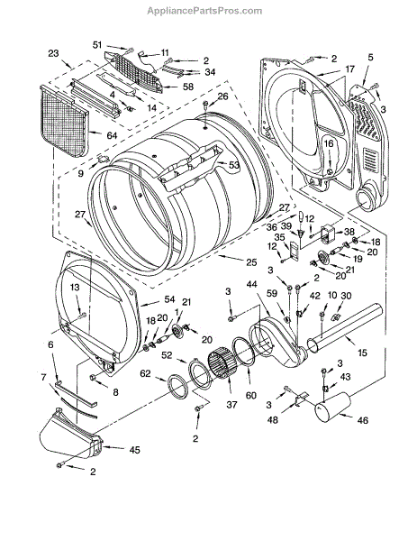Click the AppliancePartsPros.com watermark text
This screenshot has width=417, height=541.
click(204, 11)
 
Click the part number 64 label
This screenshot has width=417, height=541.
click(112, 135)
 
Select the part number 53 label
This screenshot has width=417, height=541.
click(233, 165)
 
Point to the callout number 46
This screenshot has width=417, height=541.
click(362, 420)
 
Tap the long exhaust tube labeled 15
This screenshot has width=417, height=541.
click(344, 328)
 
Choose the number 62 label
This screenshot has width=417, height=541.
click(145, 373)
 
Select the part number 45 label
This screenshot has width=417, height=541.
click(134, 450)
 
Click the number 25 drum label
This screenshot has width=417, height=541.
click(251, 262)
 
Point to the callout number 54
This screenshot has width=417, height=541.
click(169, 299)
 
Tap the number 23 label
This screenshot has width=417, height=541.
click(53, 53)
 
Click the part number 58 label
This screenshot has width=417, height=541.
click(188, 87)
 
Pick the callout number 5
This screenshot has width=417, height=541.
click(370, 58)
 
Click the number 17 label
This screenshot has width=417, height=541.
click(349, 69)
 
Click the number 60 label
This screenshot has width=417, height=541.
click(251, 395)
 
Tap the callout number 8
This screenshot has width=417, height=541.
click(115, 392)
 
